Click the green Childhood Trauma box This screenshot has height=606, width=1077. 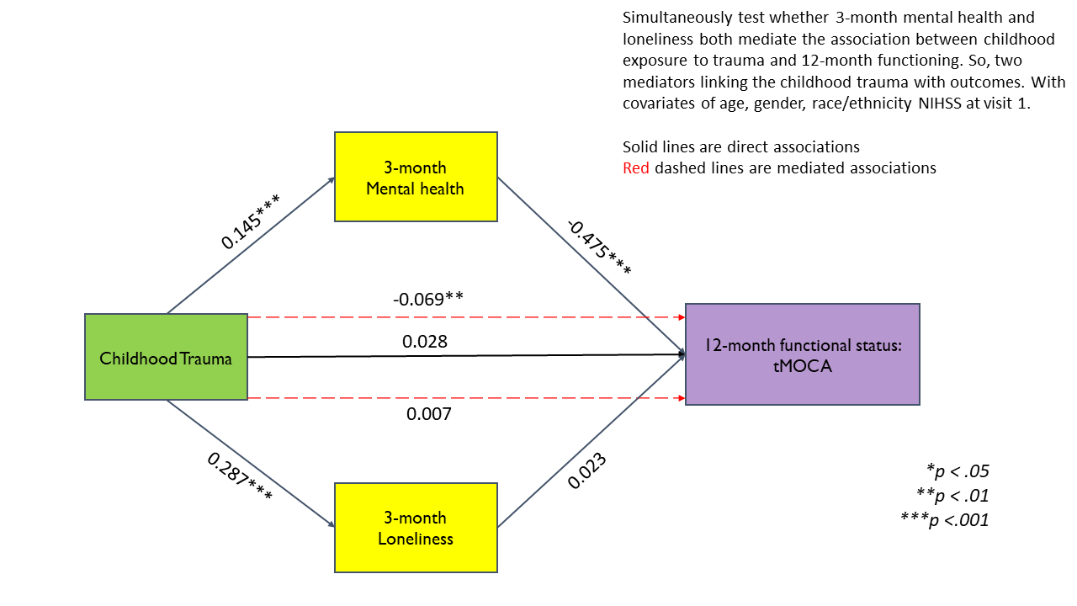166,357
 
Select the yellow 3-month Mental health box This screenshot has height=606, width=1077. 415,177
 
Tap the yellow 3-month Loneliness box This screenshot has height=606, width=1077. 415,528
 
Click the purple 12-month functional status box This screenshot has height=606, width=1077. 802,354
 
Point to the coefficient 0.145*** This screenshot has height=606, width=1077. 250,221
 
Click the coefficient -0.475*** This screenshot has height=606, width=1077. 599,247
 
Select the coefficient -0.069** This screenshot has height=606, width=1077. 428,299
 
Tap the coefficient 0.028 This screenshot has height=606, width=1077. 425,342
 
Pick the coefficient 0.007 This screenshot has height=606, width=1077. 429,414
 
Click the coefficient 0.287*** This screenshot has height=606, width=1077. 240,478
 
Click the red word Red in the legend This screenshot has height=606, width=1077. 636,167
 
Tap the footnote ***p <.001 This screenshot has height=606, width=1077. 945,520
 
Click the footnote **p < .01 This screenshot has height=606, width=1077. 952,495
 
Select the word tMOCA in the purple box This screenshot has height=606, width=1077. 802,366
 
